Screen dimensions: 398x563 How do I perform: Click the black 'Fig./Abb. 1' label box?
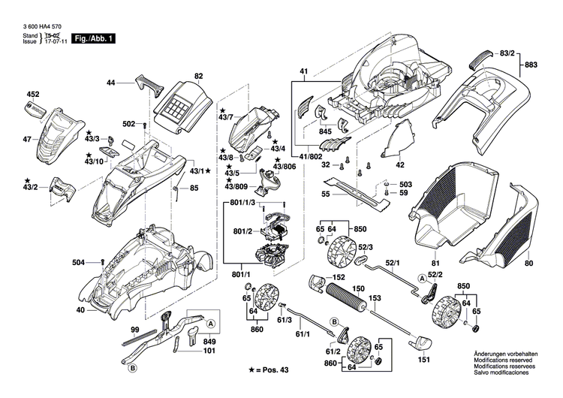click(x=94, y=37)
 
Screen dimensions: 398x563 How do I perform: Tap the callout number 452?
click(x=32, y=95)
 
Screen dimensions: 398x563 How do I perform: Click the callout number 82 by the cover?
click(x=199, y=76)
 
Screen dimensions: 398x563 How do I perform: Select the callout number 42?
click(x=400, y=164)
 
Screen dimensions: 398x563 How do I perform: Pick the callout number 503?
click(x=405, y=185)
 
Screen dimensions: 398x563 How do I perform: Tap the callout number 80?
click(x=528, y=264)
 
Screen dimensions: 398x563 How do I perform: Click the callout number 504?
click(x=78, y=262)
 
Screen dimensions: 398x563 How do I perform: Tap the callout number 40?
click(x=80, y=309)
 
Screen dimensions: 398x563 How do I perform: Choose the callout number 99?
click(x=135, y=330)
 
